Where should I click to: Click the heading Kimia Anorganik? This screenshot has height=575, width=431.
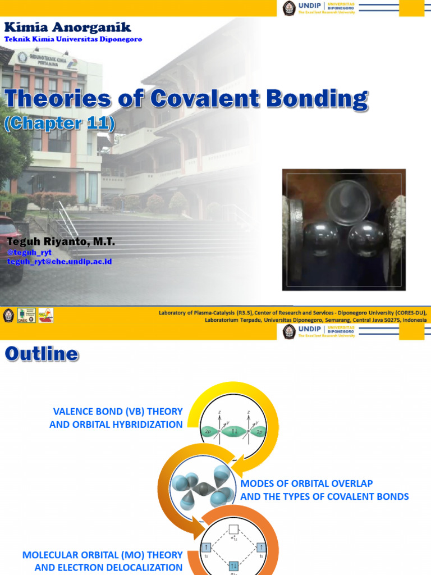(x=68, y=27)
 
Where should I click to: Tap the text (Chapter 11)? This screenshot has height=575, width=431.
(x=59, y=124)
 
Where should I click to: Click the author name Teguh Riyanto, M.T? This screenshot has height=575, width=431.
(x=61, y=241)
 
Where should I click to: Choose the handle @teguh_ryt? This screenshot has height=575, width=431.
(x=29, y=253)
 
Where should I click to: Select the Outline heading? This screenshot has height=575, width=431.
(x=42, y=354)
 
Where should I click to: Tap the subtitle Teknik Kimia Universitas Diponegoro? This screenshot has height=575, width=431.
(x=73, y=39)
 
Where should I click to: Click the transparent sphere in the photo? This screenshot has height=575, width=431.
(x=349, y=203)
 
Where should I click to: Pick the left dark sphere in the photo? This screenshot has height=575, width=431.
(x=320, y=239)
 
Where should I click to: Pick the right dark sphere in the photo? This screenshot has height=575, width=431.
(x=365, y=239)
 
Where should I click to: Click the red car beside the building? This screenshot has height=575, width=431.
(x=10, y=247)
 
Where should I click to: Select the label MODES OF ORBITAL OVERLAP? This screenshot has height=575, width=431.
(x=306, y=483)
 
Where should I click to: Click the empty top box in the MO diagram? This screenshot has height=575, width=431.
(x=234, y=528)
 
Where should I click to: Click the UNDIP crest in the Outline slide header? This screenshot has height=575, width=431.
(x=289, y=331)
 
